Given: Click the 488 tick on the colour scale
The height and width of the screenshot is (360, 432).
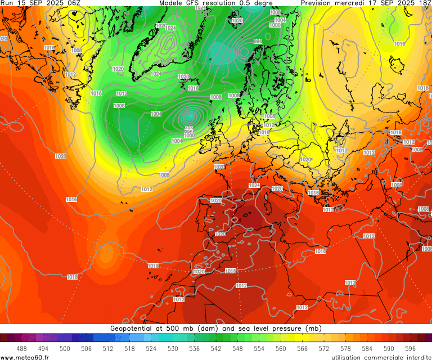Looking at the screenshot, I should point(22,349).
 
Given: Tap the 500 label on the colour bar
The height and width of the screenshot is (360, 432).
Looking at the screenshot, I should point(65,349).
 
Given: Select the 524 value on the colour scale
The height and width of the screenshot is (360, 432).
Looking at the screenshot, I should point(151,349).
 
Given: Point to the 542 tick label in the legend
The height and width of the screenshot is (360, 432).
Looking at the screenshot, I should point(216,349).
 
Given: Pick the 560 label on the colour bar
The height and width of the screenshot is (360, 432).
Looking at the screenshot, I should point(281,349).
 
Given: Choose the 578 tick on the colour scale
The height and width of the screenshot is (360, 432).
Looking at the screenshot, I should point(345,349).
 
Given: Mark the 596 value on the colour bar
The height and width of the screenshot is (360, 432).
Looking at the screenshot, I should point(410,349).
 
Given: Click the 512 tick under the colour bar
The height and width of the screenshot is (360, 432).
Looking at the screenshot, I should point(108,349).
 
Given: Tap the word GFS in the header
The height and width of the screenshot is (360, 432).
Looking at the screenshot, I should point(197,3).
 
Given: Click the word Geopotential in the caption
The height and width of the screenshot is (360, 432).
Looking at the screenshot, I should point(133,328).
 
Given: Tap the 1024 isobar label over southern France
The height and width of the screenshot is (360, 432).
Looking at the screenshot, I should point(254,185).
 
